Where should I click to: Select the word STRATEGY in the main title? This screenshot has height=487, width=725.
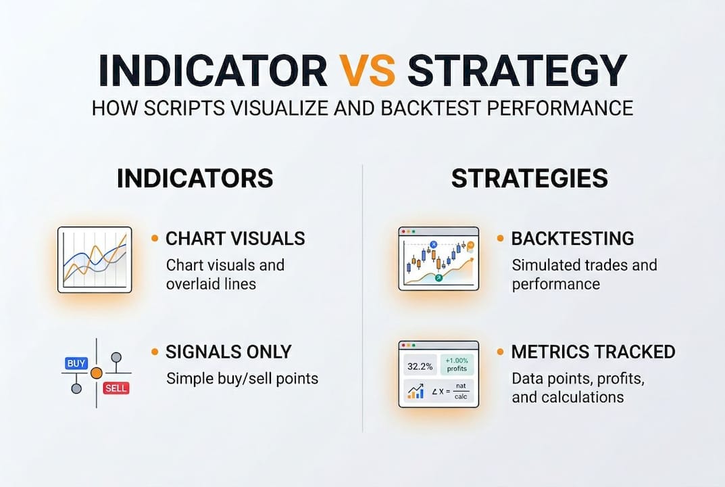(x=517, y=70)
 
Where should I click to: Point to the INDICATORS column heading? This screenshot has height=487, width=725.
(x=195, y=179)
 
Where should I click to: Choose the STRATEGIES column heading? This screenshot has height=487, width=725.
(x=529, y=179)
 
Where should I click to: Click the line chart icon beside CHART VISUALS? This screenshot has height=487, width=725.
(x=95, y=260)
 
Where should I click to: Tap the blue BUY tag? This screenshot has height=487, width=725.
(x=76, y=363)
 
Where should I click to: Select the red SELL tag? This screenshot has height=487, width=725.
(x=115, y=388)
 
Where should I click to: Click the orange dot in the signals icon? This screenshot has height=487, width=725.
(x=96, y=373)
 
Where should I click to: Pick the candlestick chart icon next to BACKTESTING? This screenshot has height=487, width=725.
(x=438, y=258)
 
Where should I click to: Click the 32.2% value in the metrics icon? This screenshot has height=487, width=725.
(x=419, y=366)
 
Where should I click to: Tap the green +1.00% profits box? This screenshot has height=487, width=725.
(x=457, y=365)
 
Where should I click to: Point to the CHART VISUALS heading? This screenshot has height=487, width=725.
(x=235, y=239)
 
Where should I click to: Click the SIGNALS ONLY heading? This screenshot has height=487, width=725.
(x=228, y=352)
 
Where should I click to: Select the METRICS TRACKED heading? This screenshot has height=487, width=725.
(x=593, y=352)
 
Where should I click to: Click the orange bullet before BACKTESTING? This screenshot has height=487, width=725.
(x=500, y=238)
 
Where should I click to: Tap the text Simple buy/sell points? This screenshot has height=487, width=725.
(x=242, y=377)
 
